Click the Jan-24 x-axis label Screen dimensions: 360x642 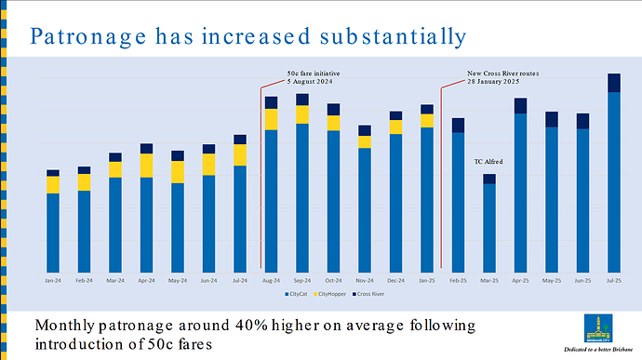pyautogui.click(x=53, y=279)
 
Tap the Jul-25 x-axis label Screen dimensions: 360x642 pyautogui.click(x=614, y=279)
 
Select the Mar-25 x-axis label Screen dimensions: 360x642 pyautogui.click(x=489, y=279)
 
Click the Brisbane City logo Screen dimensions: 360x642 pyautogui.click(x=597, y=327)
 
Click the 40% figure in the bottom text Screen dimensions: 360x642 pyautogui.click(x=233, y=326)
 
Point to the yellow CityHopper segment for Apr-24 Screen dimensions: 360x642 pyautogui.click(x=146, y=166)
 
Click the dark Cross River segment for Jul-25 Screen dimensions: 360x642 pyautogui.click(x=614, y=83)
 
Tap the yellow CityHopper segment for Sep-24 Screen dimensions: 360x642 pyautogui.click(x=302, y=114)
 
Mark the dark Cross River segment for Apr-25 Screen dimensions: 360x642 pyautogui.click(x=520, y=105)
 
